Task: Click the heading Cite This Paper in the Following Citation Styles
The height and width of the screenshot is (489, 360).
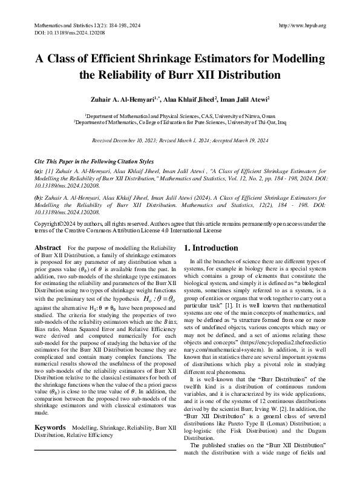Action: pyautogui.click(x=87, y=162)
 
